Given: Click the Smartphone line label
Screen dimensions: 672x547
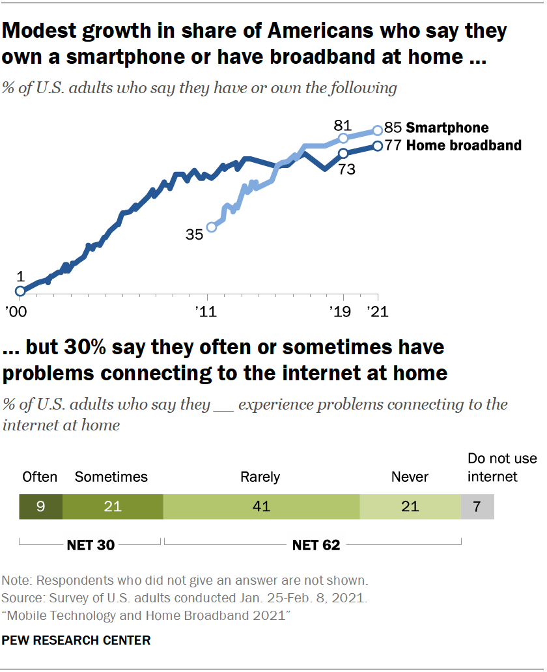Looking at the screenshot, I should tap(447, 128).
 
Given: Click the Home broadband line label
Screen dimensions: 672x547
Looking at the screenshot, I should tap(463, 145).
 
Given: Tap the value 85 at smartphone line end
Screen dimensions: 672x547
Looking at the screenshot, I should tap(393, 128).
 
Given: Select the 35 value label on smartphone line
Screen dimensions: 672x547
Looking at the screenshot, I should tap(194, 234).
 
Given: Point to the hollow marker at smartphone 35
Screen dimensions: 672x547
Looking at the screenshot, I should tap(211, 227).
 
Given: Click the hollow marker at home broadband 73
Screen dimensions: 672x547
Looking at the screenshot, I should tap(343, 154).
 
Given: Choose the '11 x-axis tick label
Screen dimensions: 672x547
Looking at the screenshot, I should tap(207, 313).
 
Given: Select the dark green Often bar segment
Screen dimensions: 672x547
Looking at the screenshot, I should tap(40, 507).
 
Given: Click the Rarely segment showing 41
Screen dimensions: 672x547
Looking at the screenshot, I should tap(260, 507).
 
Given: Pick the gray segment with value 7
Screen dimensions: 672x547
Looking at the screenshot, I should tap(477, 507).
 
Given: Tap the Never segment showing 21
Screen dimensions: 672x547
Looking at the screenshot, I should tap(410, 507).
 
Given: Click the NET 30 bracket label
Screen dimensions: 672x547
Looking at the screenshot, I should tap(91, 545).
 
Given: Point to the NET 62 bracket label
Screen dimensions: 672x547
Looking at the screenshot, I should tap(316, 545).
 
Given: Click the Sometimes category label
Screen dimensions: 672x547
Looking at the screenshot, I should tap(111, 477).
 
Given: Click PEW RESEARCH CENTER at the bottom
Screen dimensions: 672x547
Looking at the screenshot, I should tap(76, 640).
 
